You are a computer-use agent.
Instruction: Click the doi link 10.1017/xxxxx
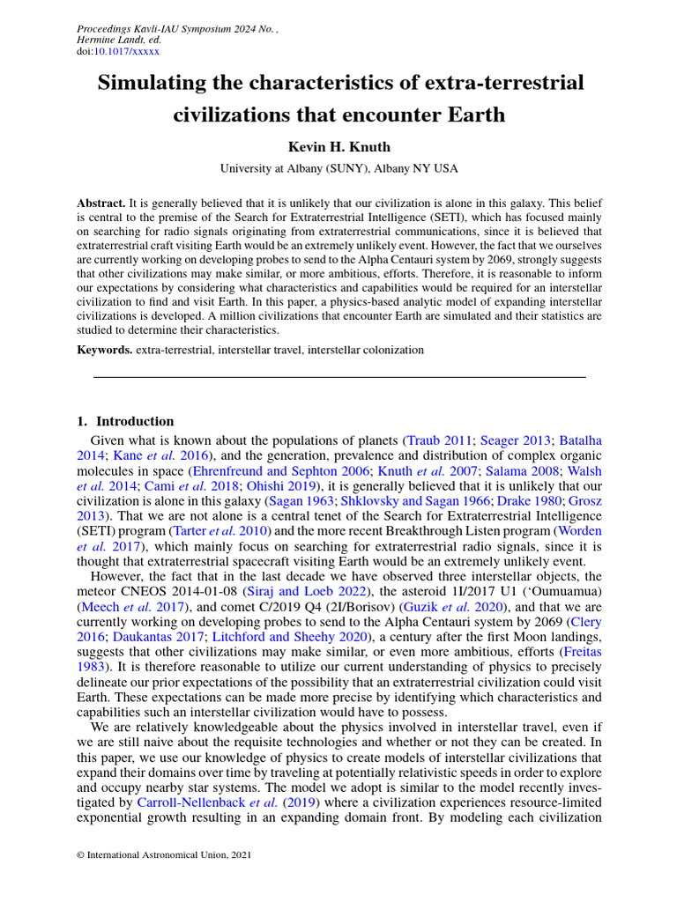pyautogui.click(x=127, y=52)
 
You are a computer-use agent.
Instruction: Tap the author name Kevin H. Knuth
pyautogui.click(x=339, y=146)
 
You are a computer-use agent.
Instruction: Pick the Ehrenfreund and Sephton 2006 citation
pyautogui.click(x=281, y=470)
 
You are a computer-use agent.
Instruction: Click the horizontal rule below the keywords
pyautogui.click(x=339, y=377)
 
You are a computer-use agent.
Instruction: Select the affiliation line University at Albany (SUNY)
pyautogui.click(x=339, y=168)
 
